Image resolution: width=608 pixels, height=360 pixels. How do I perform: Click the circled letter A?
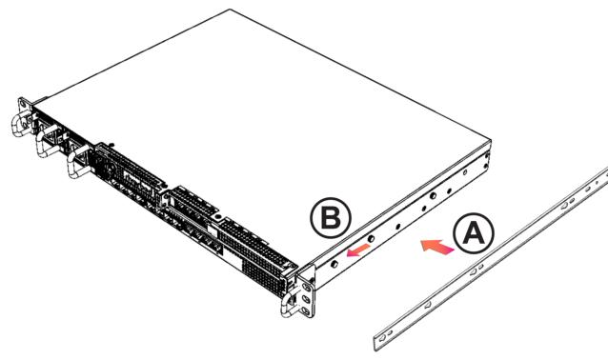click(474, 234)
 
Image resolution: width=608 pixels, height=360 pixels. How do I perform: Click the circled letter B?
click(331, 218)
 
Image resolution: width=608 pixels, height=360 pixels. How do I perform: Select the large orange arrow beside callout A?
click(437, 247)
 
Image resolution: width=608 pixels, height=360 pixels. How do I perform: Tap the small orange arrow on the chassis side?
click(359, 250)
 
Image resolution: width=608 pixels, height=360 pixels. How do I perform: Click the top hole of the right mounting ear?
click(306, 288)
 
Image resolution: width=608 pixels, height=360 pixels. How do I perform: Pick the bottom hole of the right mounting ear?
click(306, 310)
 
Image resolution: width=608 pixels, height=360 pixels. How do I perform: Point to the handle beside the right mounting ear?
click(288, 302)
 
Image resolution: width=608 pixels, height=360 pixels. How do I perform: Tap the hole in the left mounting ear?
click(23, 105)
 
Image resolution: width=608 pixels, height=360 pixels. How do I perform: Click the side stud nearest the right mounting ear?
click(334, 264)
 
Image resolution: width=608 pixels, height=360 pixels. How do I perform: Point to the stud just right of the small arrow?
click(371, 239)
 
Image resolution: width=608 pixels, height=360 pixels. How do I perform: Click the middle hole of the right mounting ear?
click(306, 299)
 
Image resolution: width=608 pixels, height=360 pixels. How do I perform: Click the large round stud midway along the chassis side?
click(433, 196)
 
